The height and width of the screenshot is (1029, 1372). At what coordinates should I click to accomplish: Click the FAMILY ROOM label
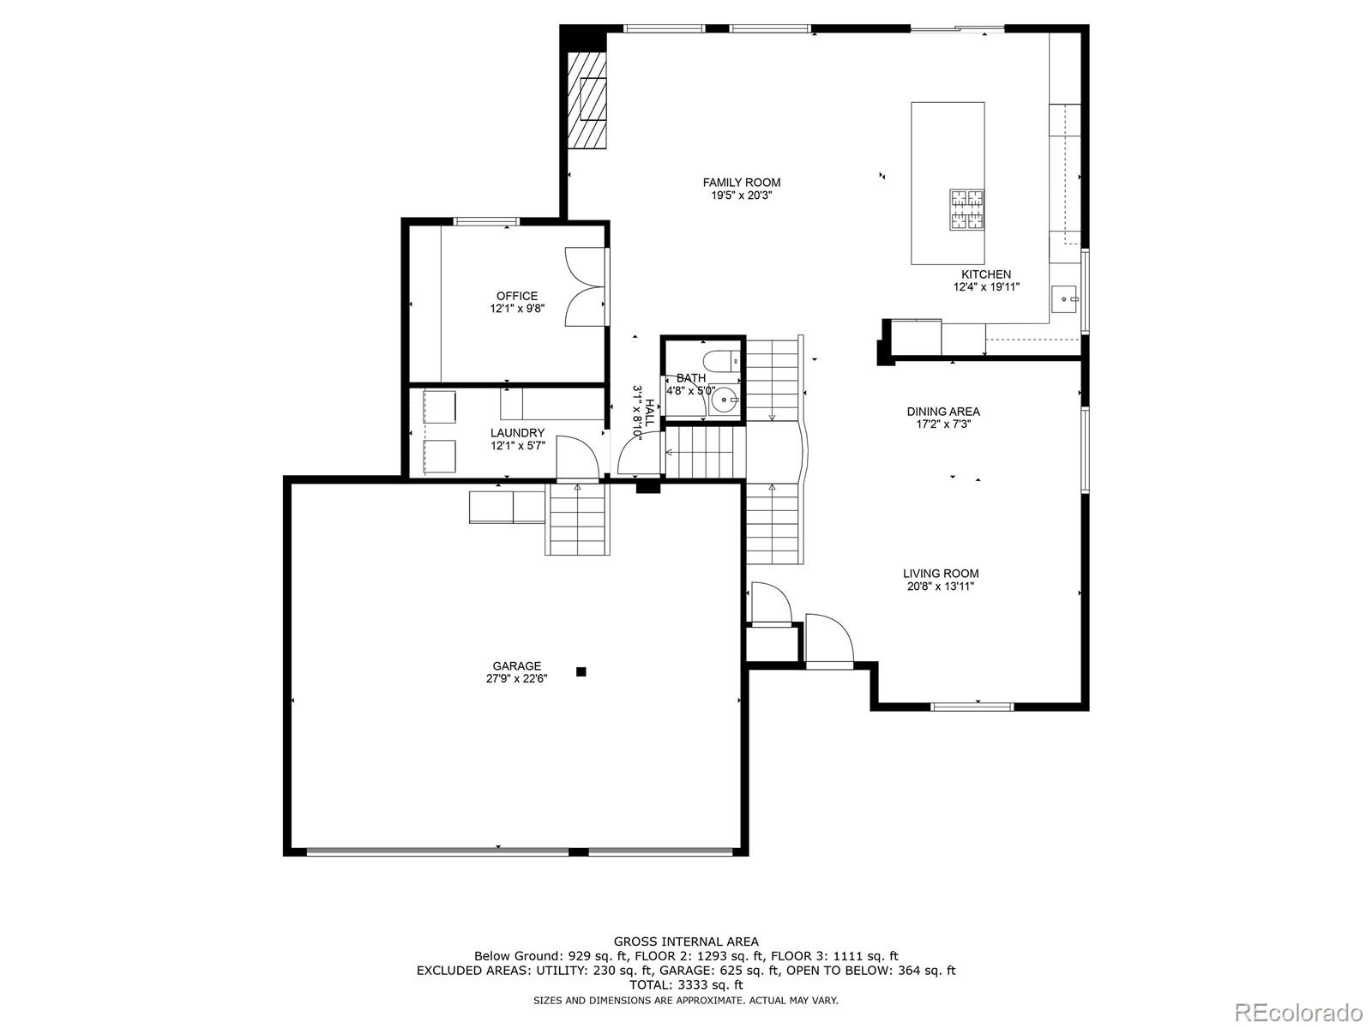(x=741, y=182)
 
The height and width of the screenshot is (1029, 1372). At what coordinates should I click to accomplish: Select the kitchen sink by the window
(x=1066, y=299)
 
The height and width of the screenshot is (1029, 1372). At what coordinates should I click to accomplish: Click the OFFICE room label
(x=517, y=296)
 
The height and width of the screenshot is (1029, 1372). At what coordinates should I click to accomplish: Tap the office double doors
(x=586, y=287)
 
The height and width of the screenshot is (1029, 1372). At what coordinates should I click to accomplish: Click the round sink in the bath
(x=726, y=399)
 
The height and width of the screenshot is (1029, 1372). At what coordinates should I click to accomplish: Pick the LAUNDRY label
(x=517, y=433)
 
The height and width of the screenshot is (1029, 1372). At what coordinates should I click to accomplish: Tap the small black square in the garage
(x=581, y=671)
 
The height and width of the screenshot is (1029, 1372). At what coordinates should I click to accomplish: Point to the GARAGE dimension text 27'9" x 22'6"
(x=516, y=679)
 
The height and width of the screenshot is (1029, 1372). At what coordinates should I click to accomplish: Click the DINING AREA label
(x=943, y=412)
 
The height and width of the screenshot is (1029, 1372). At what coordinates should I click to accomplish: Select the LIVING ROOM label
(x=941, y=574)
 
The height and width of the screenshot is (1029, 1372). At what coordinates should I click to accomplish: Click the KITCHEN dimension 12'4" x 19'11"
(x=986, y=287)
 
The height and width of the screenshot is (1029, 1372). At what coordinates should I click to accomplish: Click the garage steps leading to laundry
(x=578, y=520)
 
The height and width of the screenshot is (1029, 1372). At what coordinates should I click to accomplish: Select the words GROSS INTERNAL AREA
(x=686, y=942)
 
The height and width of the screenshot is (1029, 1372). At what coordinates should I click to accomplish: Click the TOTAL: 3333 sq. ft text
(x=686, y=985)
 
